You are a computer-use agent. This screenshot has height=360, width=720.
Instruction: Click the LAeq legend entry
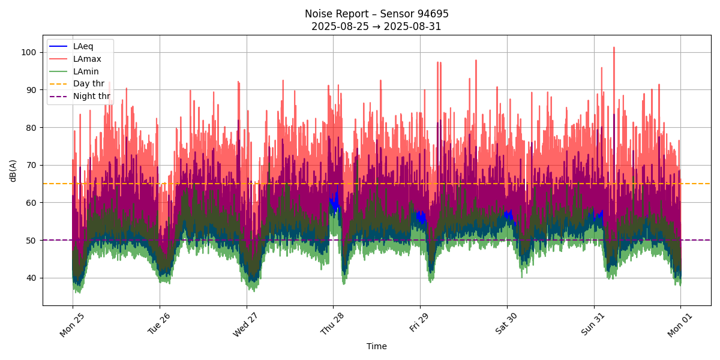[x=83, y=46]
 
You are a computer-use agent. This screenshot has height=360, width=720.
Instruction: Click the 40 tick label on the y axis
[x=32, y=278]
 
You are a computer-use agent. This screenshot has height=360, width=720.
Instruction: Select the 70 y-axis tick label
[x=32, y=165]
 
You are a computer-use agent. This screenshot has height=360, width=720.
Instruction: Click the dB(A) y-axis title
[x=13, y=170]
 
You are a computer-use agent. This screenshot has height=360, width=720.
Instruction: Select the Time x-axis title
[x=377, y=346]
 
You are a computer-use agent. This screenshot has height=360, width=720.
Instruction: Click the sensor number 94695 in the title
[x=433, y=14]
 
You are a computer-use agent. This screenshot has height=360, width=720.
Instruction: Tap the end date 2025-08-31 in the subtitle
[x=414, y=26]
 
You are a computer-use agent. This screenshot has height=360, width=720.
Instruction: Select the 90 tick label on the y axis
[x=32, y=90]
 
